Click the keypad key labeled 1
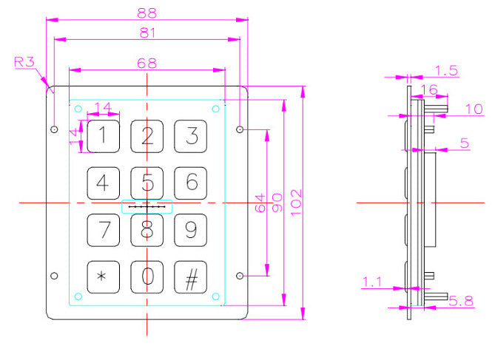click(x=104, y=135)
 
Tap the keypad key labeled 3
click(x=192, y=135)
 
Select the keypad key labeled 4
click(x=104, y=182)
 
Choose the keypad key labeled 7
click(x=104, y=230)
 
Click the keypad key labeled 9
click(x=192, y=230)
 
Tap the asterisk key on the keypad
click(x=104, y=277)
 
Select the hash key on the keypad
click(x=192, y=277)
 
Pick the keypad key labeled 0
click(x=148, y=277)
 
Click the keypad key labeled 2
click(x=148, y=135)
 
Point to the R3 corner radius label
click(x=24, y=62)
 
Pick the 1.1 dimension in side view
click(x=373, y=281)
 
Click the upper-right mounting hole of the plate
click(x=240, y=130)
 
